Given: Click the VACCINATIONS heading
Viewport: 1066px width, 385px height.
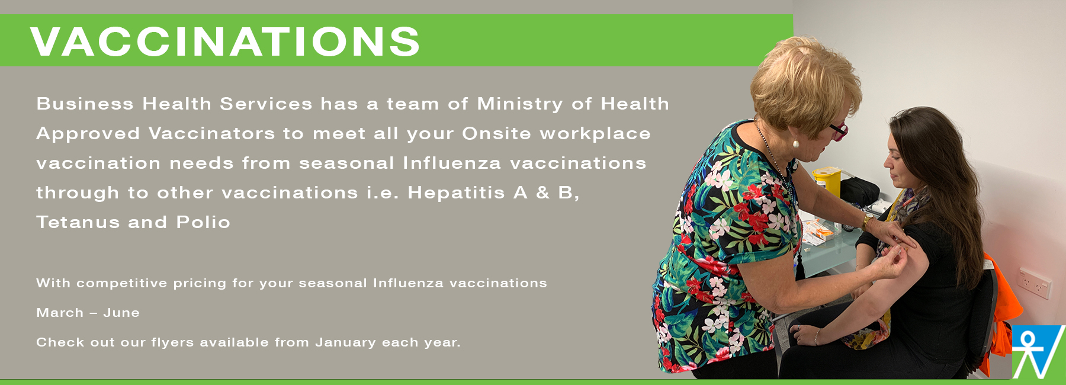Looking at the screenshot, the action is click(x=225, y=41).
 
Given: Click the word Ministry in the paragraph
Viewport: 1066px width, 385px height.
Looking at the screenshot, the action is click(x=520, y=105).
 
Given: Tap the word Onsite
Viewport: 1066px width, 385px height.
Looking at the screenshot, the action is click(x=496, y=134).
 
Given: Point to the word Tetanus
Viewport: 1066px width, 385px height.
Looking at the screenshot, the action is click(x=78, y=223).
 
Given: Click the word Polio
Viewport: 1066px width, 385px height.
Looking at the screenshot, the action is click(x=203, y=223).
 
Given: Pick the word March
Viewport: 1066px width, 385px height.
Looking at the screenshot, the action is click(x=60, y=313).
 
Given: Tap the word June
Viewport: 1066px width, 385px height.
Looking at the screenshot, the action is click(x=121, y=313).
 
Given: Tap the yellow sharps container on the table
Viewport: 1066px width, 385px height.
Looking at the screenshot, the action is click(x=827, y=181).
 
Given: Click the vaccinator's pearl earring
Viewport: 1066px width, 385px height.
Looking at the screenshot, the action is click(x=795, y=143).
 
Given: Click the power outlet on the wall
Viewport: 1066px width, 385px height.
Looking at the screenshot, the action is click(x=1035, y=283).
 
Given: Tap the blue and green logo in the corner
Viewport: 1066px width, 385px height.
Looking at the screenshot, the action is click(x=1039, y=352).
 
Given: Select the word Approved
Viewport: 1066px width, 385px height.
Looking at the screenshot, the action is click(x=88, y=134).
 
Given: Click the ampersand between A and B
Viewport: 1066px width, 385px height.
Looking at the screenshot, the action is click(x=542, y=193).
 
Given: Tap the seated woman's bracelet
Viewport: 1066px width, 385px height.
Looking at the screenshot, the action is click(x=818, y=337).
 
